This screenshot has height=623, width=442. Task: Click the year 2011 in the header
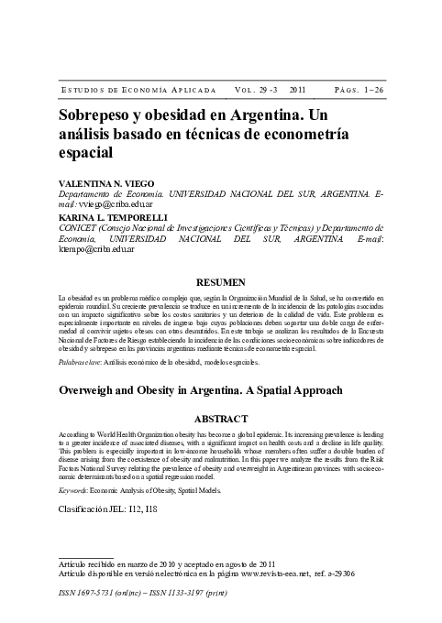click(297, 91)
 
